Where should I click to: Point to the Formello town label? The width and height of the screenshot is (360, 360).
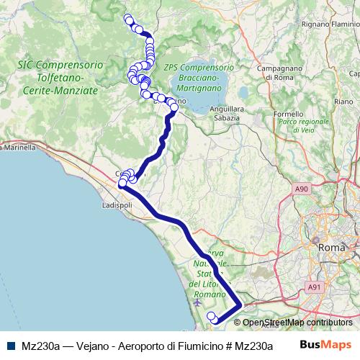pos(289,113)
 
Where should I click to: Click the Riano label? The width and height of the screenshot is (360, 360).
pos(343,102)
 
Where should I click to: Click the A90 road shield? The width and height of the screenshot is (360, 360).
pos(302,189)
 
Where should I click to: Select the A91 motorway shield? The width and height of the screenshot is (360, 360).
pos(314,287)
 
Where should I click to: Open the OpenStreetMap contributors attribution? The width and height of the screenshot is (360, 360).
pos(297,323)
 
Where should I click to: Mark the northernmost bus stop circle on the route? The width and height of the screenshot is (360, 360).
pos(128,18)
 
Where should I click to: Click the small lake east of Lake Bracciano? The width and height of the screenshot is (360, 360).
pos(243,93)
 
